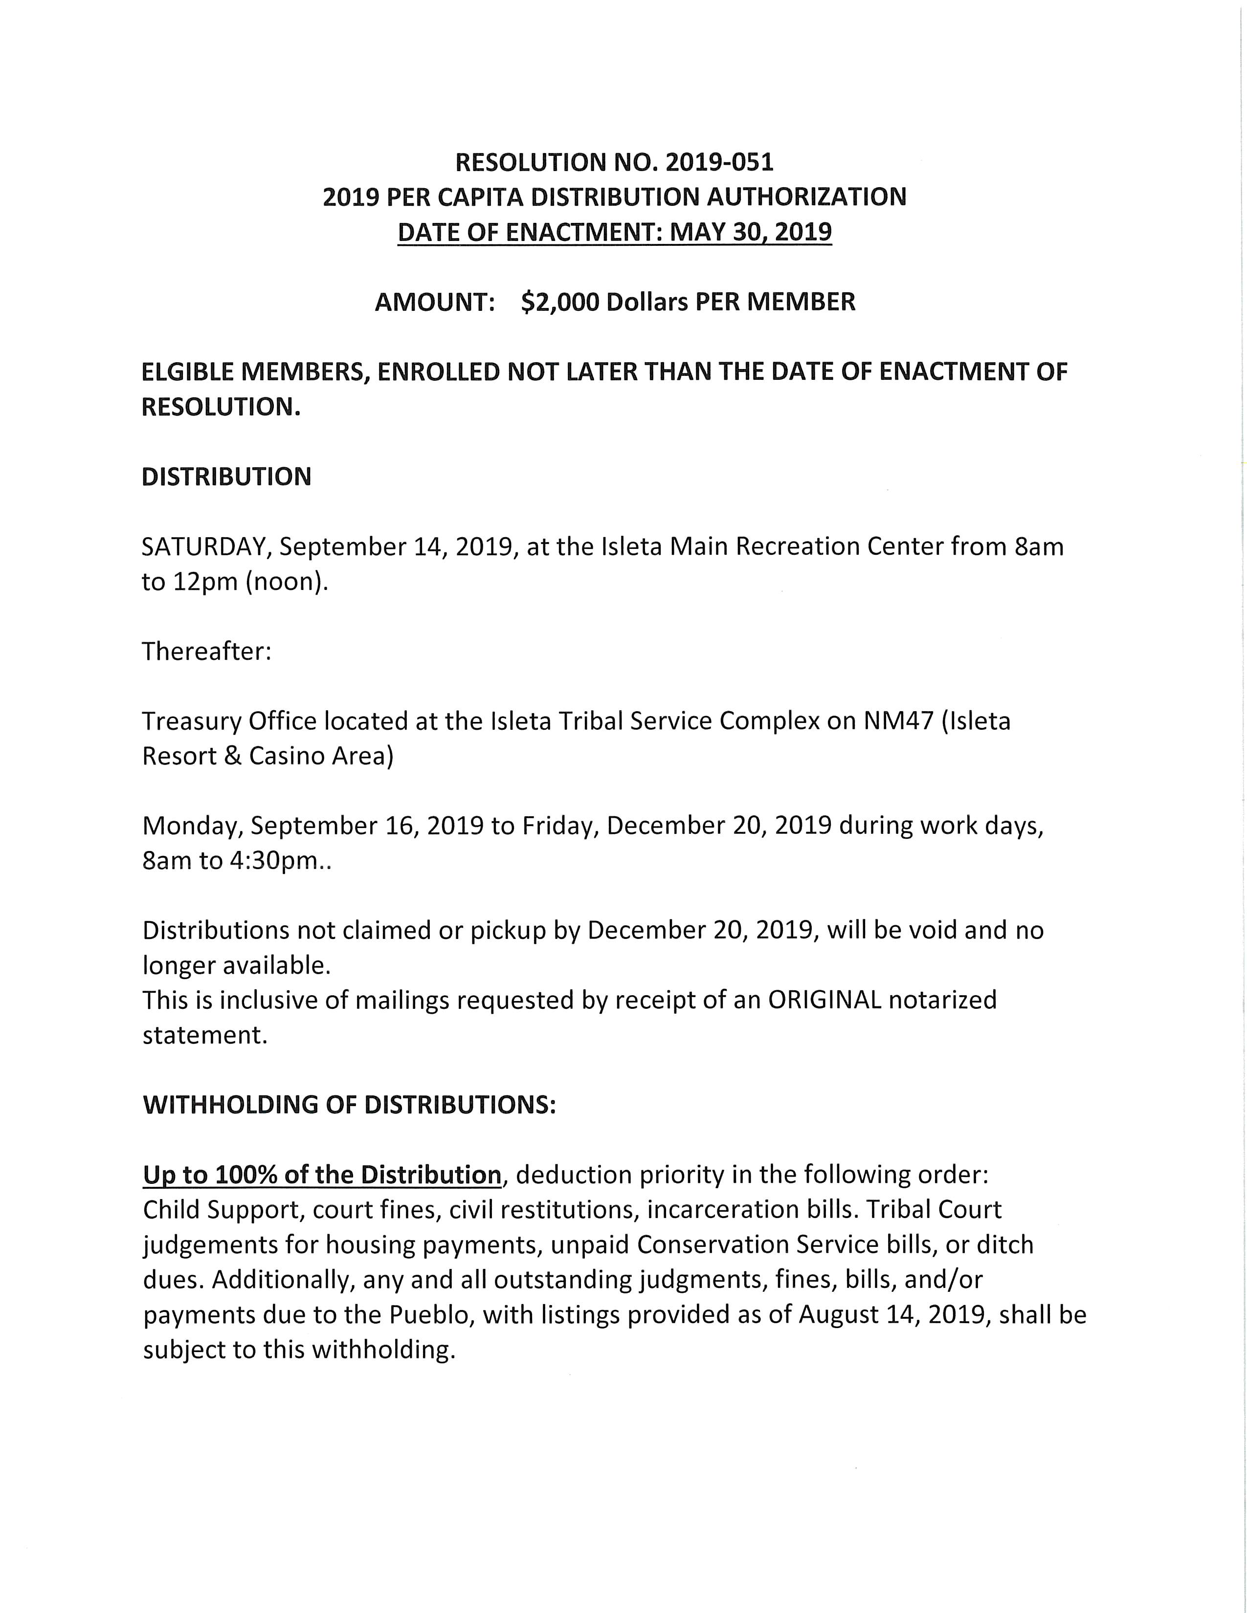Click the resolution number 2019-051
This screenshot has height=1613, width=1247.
719,162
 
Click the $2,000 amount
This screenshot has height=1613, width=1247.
560,302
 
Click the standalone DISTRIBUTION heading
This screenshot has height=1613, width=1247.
226,477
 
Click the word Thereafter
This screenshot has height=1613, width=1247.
206,652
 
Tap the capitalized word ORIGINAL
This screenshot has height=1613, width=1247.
824,1000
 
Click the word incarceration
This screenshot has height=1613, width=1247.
725,1210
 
